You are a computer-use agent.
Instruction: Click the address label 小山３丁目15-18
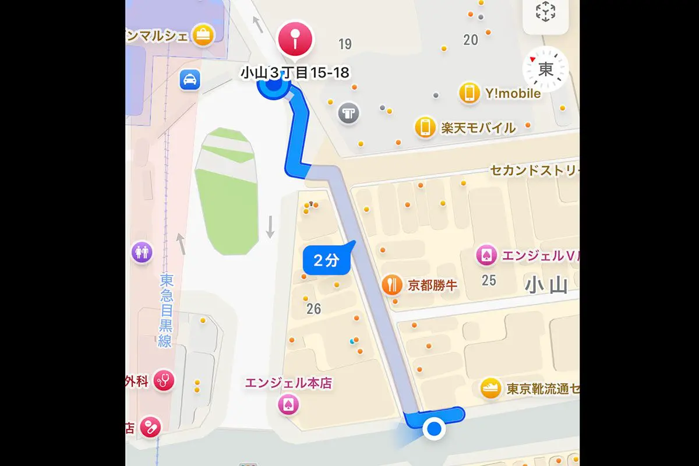[296, 73]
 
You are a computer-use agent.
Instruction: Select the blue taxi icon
[190, 79]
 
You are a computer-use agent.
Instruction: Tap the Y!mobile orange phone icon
[469, 93]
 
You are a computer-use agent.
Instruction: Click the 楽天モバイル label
[478, 128]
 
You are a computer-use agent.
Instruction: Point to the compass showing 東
[545, 69]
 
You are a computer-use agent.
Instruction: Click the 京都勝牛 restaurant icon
[391, 285]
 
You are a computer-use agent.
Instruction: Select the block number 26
[313, 309]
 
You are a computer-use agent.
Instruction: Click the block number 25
[489, 280]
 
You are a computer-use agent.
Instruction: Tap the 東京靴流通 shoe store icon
[492, 389]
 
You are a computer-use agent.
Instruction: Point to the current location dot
[434, 429]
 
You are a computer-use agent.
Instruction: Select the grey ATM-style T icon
[348, 113]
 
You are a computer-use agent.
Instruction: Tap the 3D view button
[545, 11]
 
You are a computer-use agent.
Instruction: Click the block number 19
[345, 44]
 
